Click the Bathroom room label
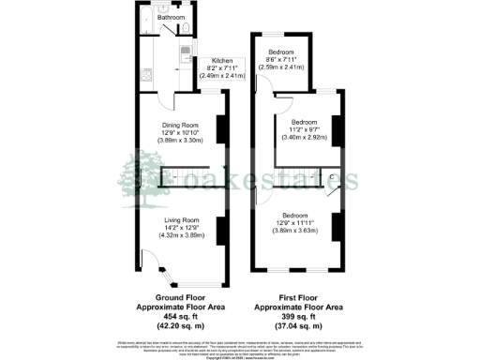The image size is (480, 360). coord(171,18)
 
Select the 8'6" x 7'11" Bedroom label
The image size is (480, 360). coord(282,52)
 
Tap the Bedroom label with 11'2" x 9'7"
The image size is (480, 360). coord(304,122)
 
